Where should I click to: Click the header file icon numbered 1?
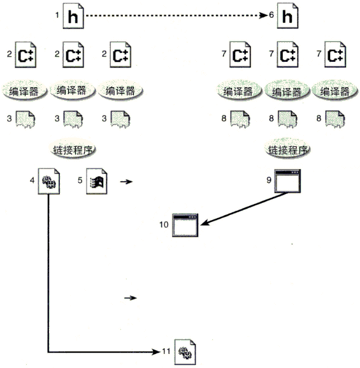click(73, 16)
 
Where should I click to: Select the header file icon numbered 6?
click(287, 16)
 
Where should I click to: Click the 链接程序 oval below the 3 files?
click(73, 150)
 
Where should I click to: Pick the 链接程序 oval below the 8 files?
click(287, 149)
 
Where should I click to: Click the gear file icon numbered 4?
click(49, 181)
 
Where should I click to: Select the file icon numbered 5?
click(97, 181)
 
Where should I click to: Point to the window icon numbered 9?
click(287, 180)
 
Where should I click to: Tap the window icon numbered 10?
click(185, 225)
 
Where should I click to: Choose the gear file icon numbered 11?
click(185, 351)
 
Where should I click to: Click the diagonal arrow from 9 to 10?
click(244, 209)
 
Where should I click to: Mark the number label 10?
click(164, 224)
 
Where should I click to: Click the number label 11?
click(166, 351)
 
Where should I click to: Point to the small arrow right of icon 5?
click(126, 181)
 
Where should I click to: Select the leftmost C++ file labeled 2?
click(25, 55)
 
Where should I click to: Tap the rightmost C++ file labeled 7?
click(335, 54)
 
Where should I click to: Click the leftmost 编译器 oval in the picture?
click(24, 91)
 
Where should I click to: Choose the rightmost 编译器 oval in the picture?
click(335, 91)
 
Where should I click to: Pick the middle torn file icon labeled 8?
click(287, 119)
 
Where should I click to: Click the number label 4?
click(32, 180)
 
